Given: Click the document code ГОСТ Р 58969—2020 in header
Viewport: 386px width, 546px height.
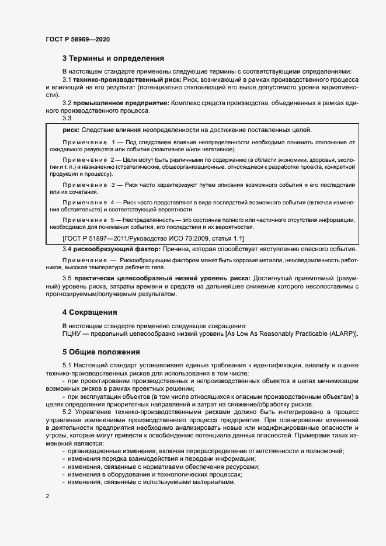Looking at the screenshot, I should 77,39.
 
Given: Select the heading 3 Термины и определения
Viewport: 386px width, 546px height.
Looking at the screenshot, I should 113,58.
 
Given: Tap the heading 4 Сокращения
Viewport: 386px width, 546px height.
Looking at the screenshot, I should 90,312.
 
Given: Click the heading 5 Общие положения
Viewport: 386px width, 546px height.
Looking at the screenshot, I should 101,352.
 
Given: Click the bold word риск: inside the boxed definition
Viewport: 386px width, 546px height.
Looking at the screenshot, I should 71,130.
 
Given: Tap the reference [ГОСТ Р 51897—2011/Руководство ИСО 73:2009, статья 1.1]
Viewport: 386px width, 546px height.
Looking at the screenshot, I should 153,239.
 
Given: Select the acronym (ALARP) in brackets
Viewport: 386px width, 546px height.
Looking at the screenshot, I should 342,333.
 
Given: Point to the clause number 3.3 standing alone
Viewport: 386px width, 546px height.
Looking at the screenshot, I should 67,118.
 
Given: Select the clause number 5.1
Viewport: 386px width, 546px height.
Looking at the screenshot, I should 67,366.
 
